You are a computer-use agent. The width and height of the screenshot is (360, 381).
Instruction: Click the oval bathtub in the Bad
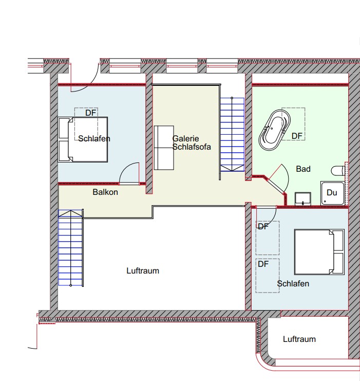click(x=275, y=130)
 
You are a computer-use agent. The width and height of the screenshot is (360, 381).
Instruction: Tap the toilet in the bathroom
click(x=338, y=171)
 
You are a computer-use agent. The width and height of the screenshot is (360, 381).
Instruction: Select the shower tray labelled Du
click(x=332, y=193)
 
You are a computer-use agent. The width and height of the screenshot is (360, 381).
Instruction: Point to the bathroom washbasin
click(x=303, y=199)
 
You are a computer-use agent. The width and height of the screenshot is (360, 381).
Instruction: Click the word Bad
click(x=303, y=169)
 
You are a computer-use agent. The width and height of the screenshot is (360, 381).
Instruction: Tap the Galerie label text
click(x=186, y=138)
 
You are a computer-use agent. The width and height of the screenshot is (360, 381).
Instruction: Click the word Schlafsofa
click(x=192, y=147)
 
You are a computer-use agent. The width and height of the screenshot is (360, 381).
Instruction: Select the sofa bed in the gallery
click(x=164, y=148)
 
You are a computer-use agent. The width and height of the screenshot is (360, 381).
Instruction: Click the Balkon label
click(x=105, y=192)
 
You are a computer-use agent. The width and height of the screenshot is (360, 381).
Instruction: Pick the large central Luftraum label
click(x=143, y=270)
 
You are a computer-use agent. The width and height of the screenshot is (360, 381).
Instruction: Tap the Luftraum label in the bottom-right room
click(x=299, y=339)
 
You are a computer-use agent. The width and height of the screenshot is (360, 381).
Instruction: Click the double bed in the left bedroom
click(x=83, y=139)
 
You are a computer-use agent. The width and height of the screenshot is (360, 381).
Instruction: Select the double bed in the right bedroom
click(x=319, y=252)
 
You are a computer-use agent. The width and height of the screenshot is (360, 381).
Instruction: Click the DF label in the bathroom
click(x=297, y=136)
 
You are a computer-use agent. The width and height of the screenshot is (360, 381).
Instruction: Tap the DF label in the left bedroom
click(x=91, y=113)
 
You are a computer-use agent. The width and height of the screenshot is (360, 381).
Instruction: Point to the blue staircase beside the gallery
click(x=232, y=134)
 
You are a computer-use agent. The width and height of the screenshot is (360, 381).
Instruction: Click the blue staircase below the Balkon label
click(x=71, y=248)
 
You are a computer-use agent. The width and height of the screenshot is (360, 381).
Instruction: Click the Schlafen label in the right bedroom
click(x=293, y=283)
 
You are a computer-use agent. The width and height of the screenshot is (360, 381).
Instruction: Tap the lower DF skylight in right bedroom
click(x=267, y=276)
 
